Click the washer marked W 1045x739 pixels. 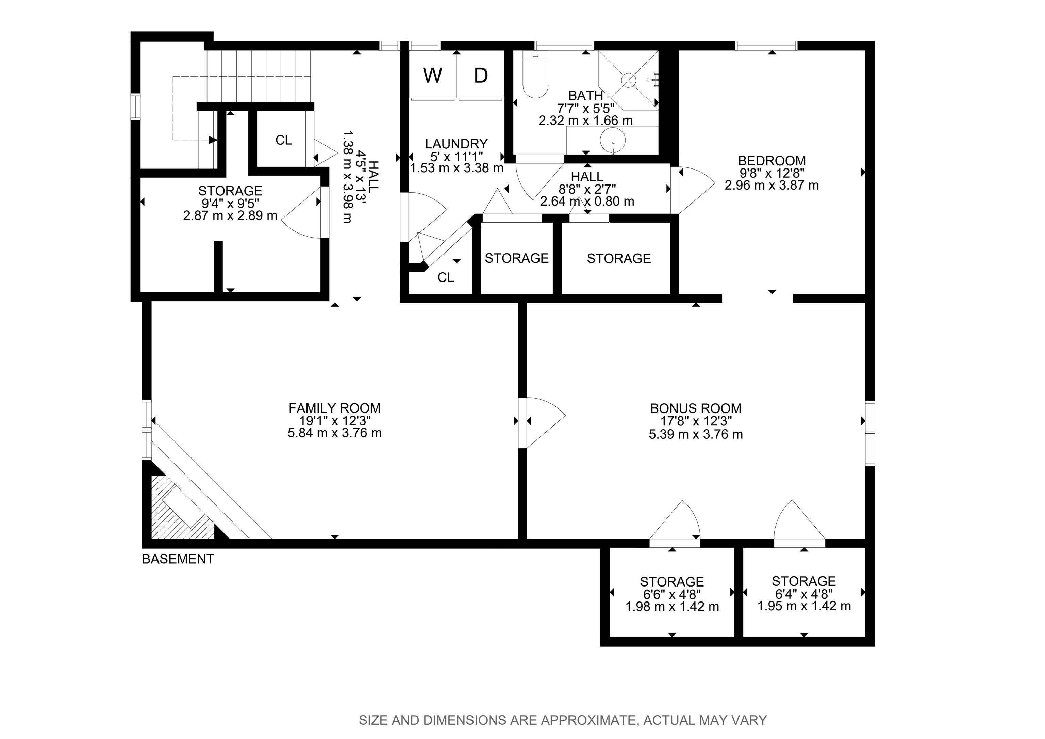[x=432, y=75]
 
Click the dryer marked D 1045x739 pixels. [x=481, y=75]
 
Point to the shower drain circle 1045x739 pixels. [x=628, y=80]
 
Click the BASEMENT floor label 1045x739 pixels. [x=178, y=559]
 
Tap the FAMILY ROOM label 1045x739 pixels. [x=334, y=408]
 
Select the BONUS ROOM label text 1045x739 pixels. [x=695, y=408]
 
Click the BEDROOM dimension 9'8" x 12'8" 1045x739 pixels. [x=772, y=173]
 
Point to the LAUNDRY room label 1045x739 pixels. [x=457, y=144]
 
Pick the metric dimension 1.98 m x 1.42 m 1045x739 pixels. [x=672, y=607]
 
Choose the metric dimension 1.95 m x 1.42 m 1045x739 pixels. [x=804, y=606]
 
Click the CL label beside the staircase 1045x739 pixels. [x=284, y=140]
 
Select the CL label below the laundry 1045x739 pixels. [x=446, y=277]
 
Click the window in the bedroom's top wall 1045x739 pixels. [x=766, y=46]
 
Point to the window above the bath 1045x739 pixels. [x=564, y=46]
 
